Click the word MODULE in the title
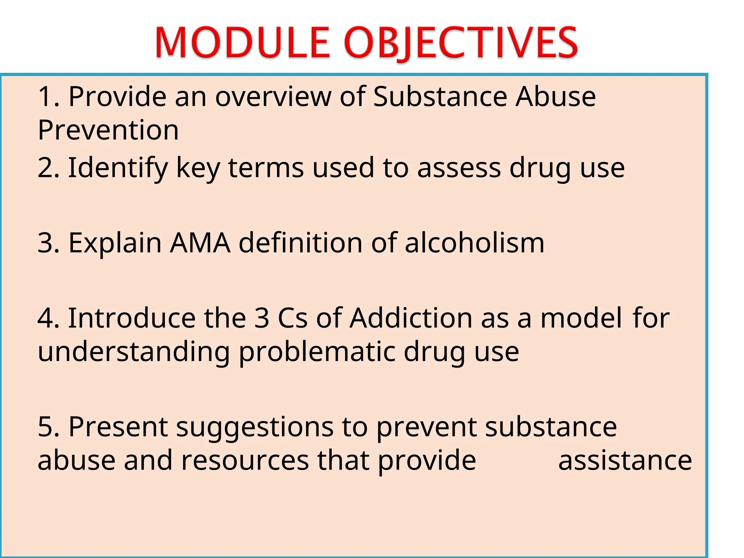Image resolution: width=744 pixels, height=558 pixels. (242, 43)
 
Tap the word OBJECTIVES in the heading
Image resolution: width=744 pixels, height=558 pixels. (461, 43)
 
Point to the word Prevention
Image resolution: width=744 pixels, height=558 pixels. (108, 130)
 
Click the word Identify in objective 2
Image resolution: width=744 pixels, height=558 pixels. (118, 168)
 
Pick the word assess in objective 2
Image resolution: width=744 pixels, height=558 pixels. (459, 168)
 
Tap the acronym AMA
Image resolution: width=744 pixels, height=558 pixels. (200, 243)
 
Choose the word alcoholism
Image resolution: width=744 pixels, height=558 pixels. (474, 243)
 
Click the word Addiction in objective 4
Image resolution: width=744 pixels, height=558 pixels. (411, 318)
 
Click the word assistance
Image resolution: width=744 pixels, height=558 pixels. (625, 460)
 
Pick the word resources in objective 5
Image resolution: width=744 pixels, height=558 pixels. (245, 460)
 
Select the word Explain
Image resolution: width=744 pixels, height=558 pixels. (115, 243)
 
